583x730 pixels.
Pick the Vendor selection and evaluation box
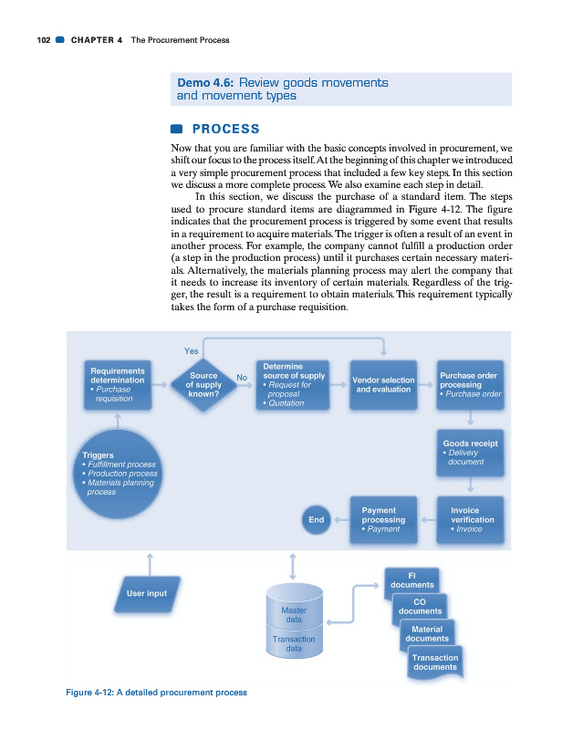(383, 384)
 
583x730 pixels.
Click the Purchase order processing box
(470, 384)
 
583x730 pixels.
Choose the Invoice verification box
(471, 519)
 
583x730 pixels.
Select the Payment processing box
(383, 519)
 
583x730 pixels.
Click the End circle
(317, 519)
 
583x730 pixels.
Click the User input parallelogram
(146, 593)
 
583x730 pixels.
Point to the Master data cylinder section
(294, 613)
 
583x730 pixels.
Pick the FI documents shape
(411, 580)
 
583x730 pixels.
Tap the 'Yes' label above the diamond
(192, 350)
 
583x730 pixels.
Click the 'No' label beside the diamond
(242, 376)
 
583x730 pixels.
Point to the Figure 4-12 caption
(156, 693)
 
